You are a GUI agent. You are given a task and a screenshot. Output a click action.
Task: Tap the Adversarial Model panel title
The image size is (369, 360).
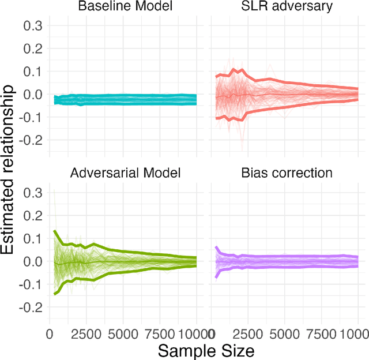point(123,172)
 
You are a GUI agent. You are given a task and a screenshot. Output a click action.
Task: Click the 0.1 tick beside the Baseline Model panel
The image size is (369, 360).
point(32,72)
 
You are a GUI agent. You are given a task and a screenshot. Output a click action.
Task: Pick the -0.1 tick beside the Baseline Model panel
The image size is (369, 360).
point(30,117)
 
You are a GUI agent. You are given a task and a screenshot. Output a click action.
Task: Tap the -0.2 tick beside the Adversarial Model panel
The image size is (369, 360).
point(30,307)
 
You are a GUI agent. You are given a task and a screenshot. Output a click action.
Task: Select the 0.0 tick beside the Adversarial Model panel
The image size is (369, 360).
point(32,261)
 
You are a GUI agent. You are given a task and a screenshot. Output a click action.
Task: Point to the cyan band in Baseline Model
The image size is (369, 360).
point(123,99)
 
